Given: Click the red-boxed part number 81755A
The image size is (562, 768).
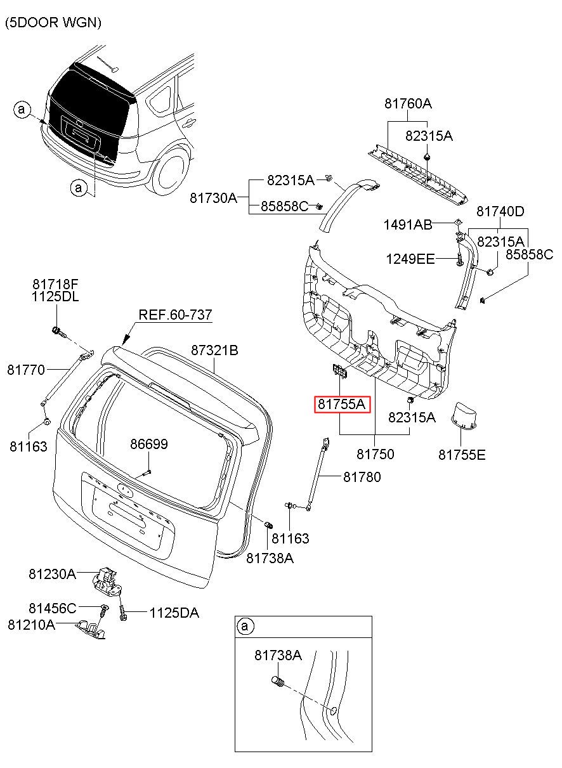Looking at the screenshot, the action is coord(342,404).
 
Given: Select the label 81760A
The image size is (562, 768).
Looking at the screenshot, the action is coord(408,103).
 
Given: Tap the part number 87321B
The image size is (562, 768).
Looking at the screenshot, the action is coord(214,350).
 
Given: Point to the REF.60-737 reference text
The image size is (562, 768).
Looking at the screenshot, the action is coord(175,315).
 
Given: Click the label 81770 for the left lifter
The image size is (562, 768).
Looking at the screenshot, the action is coord(26,370).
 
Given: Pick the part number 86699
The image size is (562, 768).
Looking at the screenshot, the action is coord(149,444).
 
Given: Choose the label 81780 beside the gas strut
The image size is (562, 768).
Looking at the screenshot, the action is coord(362,477).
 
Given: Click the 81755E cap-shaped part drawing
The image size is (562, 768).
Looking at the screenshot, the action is coord(463,417).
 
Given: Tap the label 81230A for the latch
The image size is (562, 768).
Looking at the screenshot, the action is coord(52,573).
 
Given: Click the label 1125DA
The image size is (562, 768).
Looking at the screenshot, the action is coord(174,613).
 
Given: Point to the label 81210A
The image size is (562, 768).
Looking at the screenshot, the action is coord(31,625).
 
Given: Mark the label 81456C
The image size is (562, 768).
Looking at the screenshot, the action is coord(53,608).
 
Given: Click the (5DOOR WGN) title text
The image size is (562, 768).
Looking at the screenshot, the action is coord(53,23).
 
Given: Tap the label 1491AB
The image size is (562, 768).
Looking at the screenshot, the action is coord(408,225).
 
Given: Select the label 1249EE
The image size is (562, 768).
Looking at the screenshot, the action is coord(410,259).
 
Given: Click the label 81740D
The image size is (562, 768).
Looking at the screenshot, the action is coord(500,211).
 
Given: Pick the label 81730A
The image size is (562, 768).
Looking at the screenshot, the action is coord(214,198).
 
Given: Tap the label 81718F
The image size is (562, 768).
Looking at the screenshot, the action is coord(56,284).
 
